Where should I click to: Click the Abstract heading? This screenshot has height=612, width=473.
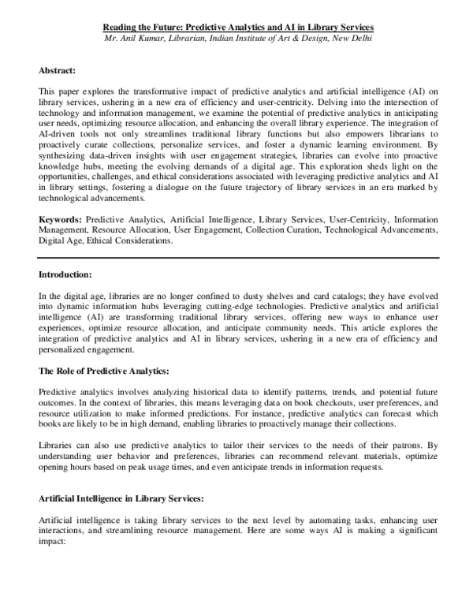tap(58, 69)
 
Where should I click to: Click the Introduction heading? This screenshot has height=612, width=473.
tap(65, 274)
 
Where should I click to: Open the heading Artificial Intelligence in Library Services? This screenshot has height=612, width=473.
tap(121, 498)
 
